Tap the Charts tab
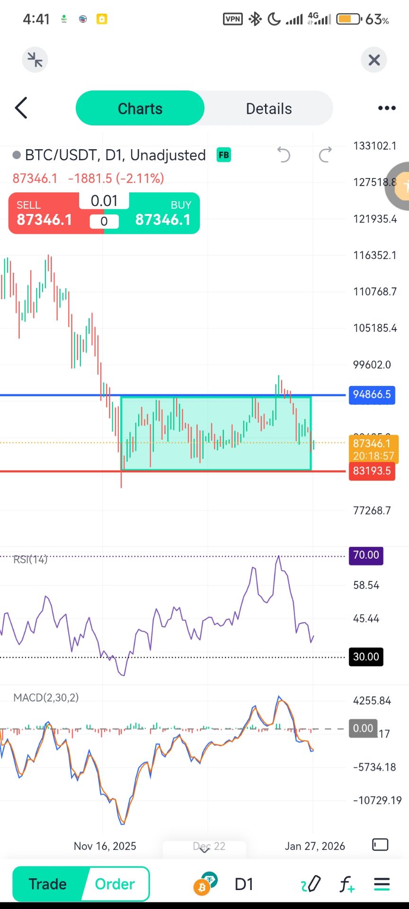140,108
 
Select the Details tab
268,108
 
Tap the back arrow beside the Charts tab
21,108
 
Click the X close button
374,60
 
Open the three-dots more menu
387,108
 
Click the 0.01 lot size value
104,201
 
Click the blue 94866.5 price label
372,394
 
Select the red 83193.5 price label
372,471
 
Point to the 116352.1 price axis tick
375,255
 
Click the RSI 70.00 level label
366,555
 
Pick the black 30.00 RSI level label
366,657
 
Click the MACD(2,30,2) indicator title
46,697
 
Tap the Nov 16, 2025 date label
105,846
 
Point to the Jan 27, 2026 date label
315,846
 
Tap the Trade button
47,884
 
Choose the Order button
115,884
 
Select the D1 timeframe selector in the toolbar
244,884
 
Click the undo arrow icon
284,155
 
